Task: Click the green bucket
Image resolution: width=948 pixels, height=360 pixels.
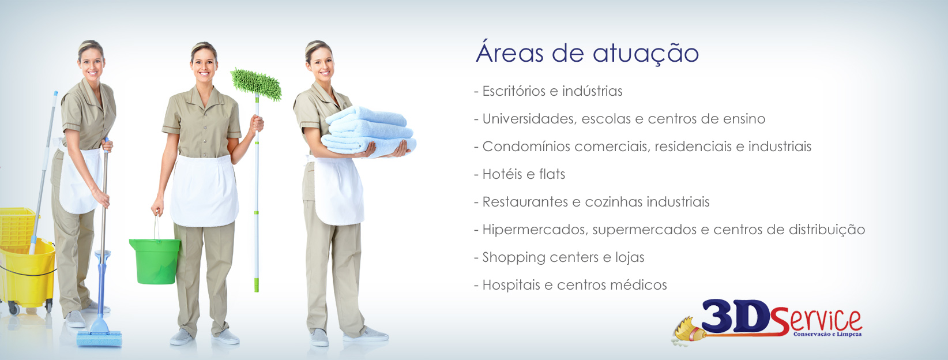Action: tap(155, 261)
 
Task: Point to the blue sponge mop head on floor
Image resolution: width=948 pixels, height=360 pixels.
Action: tap(99, 339)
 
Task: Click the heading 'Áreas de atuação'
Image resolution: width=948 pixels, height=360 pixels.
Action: tap(587, 53)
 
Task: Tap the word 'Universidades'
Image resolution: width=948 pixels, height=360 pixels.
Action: tap(529, 119)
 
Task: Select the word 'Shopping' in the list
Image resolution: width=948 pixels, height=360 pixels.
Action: tap(508, 257)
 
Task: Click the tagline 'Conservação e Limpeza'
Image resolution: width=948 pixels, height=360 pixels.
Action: tap(827, 334)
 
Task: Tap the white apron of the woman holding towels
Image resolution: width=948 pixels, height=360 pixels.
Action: tap(338, 190)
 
